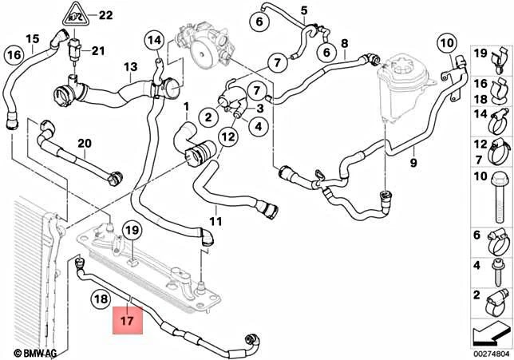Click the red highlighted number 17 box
128,323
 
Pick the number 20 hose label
84,144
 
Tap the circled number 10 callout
445,42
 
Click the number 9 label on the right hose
413,164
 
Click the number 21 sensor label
98,52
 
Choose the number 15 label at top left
32,38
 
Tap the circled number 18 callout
101,300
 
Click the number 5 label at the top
303,10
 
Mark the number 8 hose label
344,43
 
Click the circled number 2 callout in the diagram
208,117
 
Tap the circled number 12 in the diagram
228,136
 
